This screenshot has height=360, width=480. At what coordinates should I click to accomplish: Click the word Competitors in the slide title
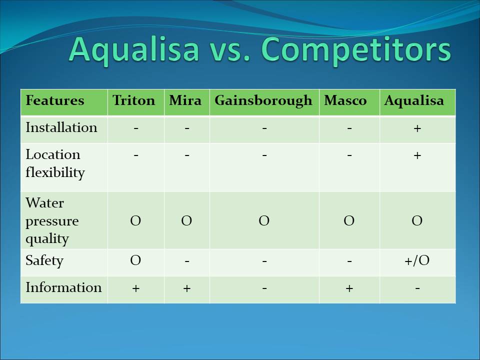point(356,50)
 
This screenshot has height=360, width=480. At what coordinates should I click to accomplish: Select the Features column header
point(55,100)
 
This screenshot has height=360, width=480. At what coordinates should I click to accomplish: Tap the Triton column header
point(134,100)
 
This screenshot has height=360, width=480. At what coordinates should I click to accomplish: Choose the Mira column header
point(185,100)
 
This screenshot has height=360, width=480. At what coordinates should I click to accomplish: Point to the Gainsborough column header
point(263,101)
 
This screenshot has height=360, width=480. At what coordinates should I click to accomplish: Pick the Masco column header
point(345,100)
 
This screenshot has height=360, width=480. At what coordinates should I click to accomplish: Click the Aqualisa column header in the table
point(414,101)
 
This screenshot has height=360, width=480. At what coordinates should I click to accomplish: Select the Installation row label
point(61,127)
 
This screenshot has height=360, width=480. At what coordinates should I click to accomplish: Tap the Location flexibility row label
point(55,163)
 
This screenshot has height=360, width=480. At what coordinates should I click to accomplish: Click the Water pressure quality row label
point(52,221)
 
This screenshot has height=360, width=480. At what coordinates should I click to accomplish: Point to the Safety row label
point(44,261)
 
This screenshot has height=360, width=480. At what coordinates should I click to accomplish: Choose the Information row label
point(63,287)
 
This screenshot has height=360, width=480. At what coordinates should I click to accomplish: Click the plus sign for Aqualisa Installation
point(417,128)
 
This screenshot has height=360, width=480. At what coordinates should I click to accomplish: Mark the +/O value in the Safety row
point(417,260)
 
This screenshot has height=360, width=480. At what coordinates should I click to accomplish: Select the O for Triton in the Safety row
point(135,260)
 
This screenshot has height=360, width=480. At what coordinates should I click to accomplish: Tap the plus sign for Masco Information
point(349,288)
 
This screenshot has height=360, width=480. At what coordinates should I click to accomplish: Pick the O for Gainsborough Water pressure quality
point(264,220)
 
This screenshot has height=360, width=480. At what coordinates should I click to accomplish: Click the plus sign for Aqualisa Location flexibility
point(417,155)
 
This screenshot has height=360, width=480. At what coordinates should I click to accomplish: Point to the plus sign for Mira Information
point(186,288)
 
